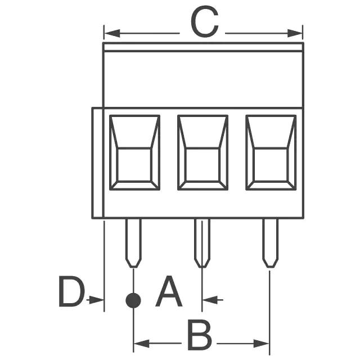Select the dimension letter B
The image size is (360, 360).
(x=199, y=336)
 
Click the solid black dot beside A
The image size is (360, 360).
(x=133, y=300)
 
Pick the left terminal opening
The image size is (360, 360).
(x=134, y=152)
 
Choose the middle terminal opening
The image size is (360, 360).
(x=202, y=152)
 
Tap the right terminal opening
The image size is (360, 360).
(x=271, y=152)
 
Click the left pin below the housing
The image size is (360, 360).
(x=133, y=242)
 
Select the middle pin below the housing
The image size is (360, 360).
(x=202, y=242)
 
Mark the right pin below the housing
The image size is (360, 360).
(x=270, y=242)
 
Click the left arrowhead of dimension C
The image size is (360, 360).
(x=109, y=34)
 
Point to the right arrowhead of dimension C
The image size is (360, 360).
(x=298, y=34)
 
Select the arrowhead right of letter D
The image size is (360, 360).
(x=99, y=300)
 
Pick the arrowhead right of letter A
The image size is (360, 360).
(x=207, y=300)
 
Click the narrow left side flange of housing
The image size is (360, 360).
(x=97, y=163)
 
